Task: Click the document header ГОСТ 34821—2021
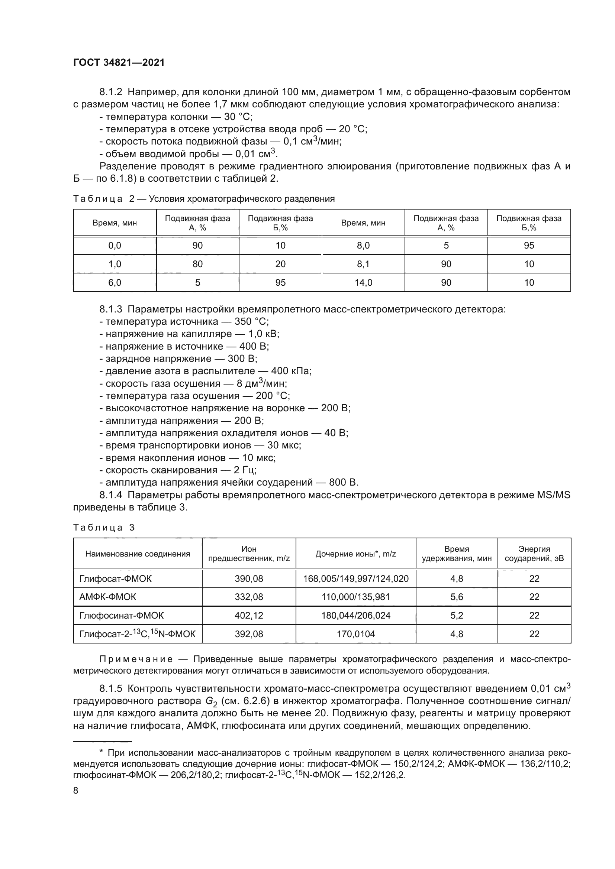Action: tap(119, 63)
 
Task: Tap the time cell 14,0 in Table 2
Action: tap(363, 283)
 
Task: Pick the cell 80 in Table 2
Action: tap(197, 264)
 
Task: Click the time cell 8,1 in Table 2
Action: tap(363, 264)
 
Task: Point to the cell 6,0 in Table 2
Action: tap(115, 283)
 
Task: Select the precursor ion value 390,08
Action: tap(249, 579)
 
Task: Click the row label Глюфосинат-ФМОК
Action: tap(121, 615)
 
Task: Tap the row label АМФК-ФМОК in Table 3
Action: tap(107, 597)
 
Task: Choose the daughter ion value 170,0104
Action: tap(355, 634)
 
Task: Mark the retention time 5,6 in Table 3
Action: tap(457, 597)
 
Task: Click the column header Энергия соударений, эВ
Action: tap(534, 554)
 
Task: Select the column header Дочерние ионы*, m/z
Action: tap(355, 554)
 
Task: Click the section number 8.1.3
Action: tap(110, 309)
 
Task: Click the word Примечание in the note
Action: tap(136, 659)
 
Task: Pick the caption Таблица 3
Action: tap(104, 528)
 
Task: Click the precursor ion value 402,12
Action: tap(249, 615)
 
